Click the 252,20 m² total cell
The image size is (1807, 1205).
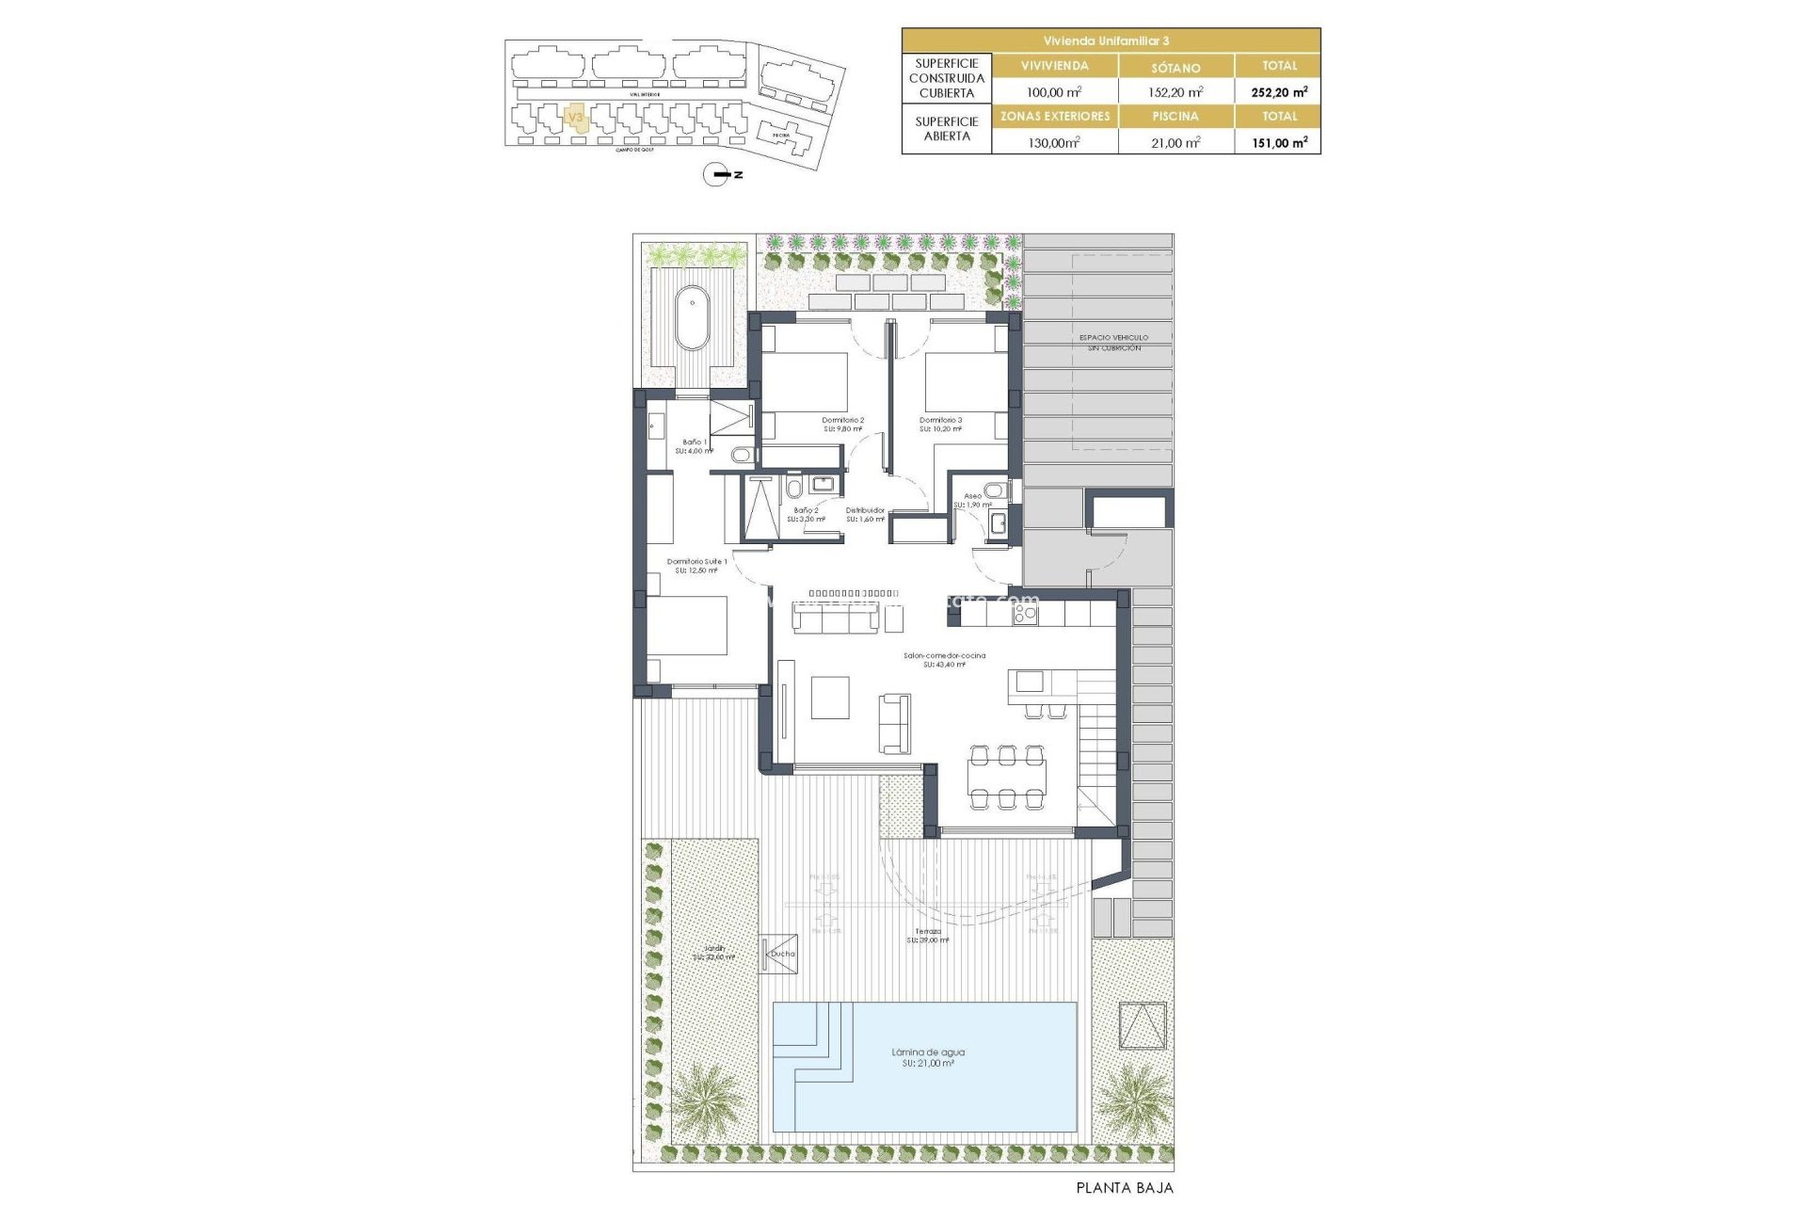point(1278,92)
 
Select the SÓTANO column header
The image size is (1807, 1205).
point(1175,68)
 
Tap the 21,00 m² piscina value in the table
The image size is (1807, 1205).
point(1175,143)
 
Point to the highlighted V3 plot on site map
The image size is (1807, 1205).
point(576,119)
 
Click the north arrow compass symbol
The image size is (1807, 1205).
point(717,174)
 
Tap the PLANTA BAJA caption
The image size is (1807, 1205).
point(1125,1188)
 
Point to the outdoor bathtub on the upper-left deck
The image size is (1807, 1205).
point(693,317)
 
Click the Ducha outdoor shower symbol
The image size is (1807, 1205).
point(779,954)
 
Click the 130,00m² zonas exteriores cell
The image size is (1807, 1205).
point(1053,143)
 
